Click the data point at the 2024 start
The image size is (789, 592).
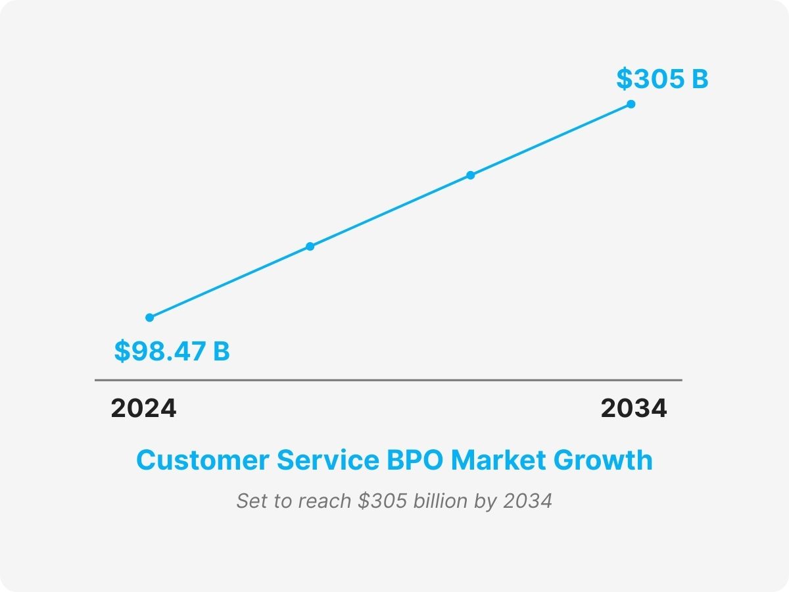coord(150,318)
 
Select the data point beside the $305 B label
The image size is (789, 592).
coord(631,104)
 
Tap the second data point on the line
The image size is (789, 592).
coord(310,247)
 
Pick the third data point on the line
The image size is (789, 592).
coord(470,175)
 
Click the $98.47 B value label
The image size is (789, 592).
coord(172,351)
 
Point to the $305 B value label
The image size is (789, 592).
coord(661,79)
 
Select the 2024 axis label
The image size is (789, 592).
coord(143,408)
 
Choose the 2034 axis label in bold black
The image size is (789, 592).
coord(633,408)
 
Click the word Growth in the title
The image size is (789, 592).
coord(603,460)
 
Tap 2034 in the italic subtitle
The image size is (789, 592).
coord(527,501)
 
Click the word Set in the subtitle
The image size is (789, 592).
coord(250,501)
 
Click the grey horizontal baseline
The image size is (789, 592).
coord(388,380)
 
